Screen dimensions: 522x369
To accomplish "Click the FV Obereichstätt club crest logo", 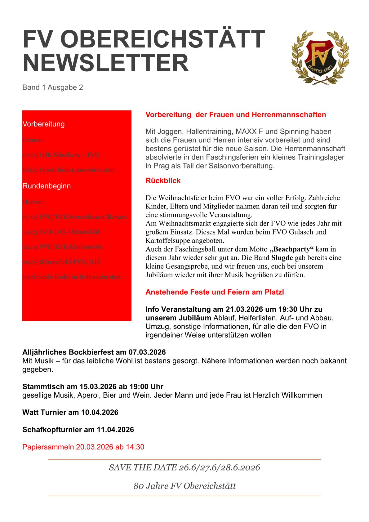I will point(320,57).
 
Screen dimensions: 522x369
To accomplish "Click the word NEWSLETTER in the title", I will point(106,63).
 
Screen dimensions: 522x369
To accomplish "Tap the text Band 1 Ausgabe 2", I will point(53,87).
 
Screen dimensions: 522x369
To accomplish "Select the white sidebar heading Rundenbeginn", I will point(47,186).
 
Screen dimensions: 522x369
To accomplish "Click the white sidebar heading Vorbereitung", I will point(43,124).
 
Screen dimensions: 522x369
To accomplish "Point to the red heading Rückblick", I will point(163,181).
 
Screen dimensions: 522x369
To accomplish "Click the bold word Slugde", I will point(282,258).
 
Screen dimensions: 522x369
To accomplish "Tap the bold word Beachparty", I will point(292,249).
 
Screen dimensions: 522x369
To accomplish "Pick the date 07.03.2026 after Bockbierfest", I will point(147,352).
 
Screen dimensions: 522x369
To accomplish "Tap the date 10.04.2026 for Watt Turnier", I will point(100,412).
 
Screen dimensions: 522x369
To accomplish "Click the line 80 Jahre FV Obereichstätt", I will point(184,486).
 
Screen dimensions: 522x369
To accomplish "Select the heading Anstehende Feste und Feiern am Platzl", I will point(215,292).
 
